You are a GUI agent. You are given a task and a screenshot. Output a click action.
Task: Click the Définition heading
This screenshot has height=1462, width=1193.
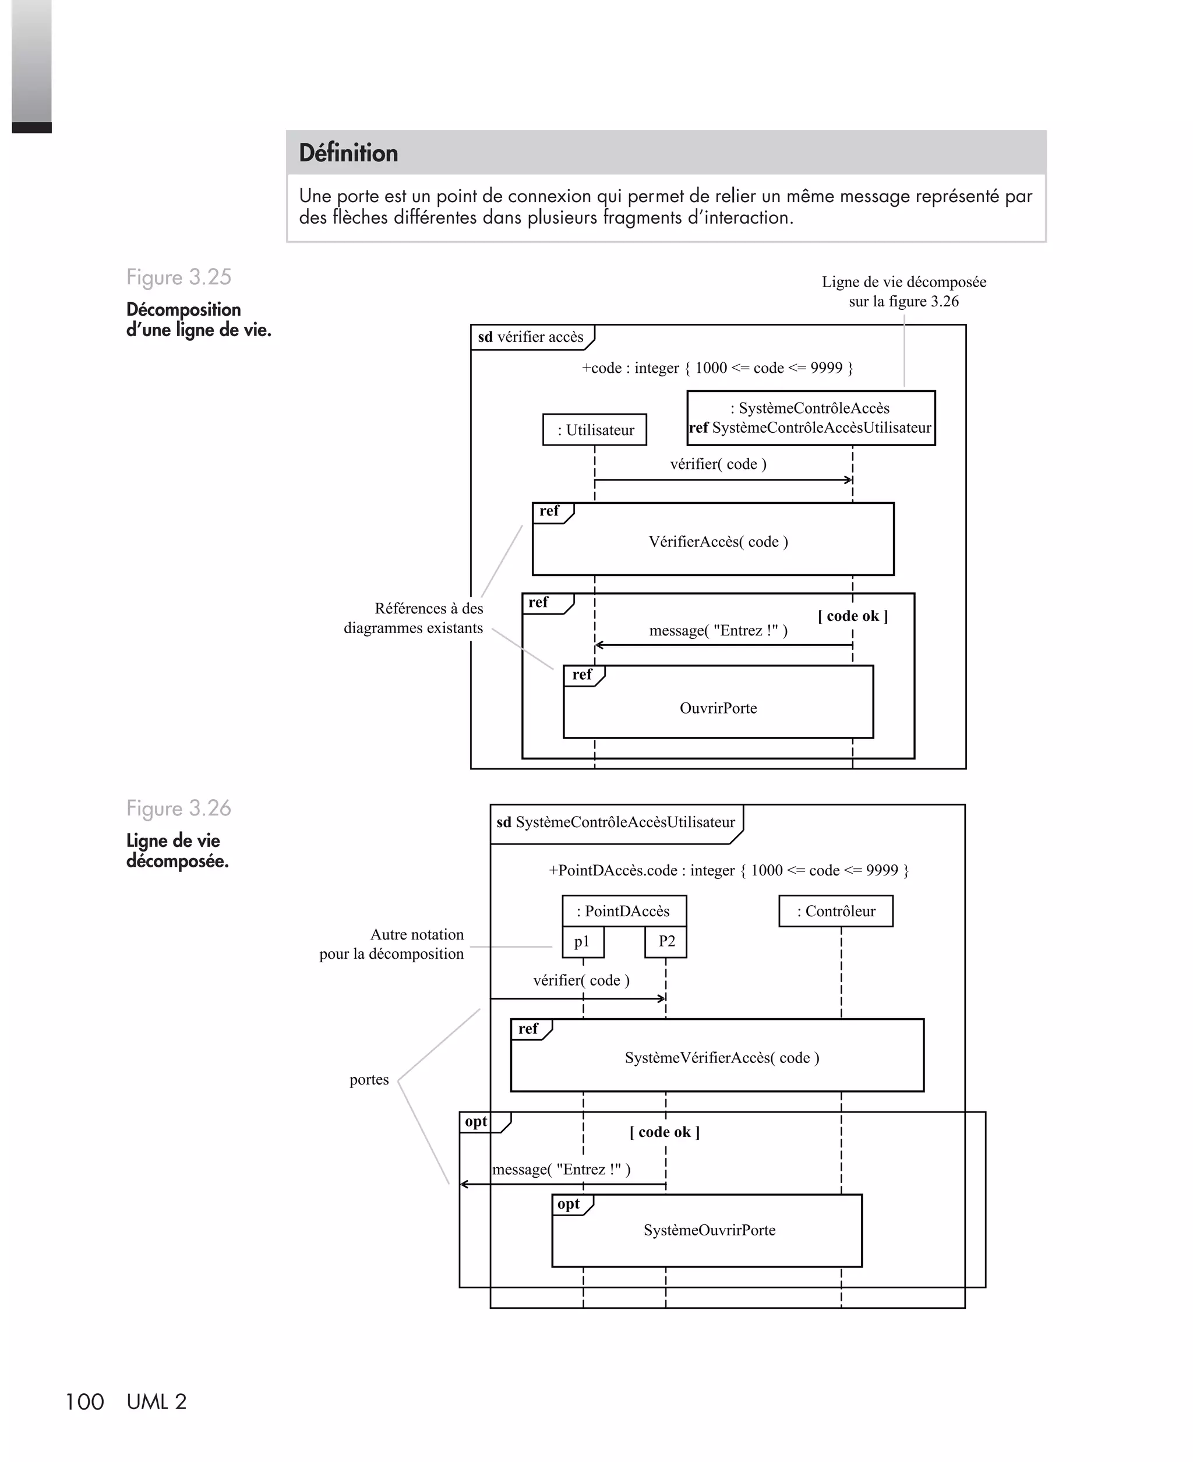tap(348, 153)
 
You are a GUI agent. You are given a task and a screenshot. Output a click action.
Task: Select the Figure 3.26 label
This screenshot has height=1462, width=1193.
tap(179, 808)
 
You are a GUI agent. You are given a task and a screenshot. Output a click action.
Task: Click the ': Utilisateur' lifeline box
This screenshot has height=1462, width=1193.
tap(594, 430)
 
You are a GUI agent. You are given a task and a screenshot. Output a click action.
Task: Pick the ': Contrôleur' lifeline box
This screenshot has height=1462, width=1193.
tap(836, 911)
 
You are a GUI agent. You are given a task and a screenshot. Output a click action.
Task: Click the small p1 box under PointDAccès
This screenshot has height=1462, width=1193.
tap(583, 941)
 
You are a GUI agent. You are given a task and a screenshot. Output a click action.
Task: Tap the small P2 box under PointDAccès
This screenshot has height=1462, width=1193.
tap(666, 941)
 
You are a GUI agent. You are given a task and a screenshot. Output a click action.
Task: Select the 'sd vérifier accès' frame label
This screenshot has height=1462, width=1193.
tap(531, 337)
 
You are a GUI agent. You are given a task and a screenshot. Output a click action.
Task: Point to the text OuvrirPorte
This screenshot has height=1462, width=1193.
tap(718, 708)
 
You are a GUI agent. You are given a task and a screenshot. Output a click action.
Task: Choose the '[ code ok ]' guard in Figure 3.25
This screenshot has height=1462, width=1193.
tap(853, 616)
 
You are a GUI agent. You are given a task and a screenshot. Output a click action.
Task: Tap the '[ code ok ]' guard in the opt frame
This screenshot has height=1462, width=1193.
tap(665, 1132)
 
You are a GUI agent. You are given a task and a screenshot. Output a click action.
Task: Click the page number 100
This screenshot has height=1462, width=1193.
tap(84, 1401)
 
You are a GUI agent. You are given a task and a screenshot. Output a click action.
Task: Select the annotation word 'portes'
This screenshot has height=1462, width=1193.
tap(369, 1079)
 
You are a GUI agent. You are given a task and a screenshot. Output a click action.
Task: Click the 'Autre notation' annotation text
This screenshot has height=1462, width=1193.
tap(417, 934)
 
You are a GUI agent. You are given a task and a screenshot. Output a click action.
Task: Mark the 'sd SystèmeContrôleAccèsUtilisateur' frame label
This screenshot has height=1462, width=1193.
tap(616, 822)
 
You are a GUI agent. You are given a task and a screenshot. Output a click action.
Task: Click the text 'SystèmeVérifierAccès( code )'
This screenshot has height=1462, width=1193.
tap(722, 1057)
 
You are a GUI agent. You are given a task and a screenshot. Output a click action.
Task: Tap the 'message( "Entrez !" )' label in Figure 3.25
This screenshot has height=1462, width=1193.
tap(718, 630)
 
